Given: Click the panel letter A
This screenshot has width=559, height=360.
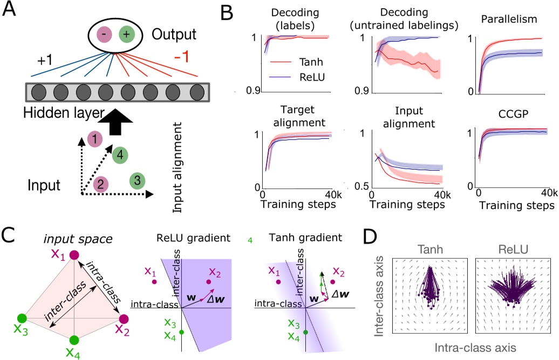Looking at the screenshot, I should (x=12, y=11).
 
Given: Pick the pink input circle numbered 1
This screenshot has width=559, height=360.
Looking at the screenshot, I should (x=95, y=140).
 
